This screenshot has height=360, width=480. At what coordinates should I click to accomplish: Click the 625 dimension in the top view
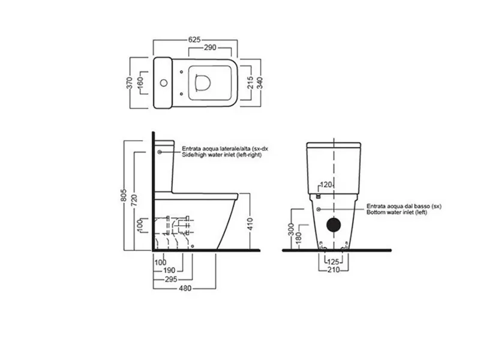[x=194, y=40]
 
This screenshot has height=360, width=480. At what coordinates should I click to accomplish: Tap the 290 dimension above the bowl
[x=210, y=48]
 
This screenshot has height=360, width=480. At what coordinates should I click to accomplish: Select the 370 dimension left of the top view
[x=130, y=83]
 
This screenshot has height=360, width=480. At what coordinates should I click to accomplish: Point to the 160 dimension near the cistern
[x=140, y=83]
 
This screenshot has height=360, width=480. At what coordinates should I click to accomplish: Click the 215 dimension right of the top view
[x=250, y=83]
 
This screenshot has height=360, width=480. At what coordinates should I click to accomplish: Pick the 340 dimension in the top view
[x=260, y=83]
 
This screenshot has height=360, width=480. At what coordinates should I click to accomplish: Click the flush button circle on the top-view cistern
[x=164, y=83]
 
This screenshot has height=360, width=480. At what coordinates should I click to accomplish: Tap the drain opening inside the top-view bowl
[x=203, y=83]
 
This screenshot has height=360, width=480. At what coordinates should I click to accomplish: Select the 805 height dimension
[x=124, y=195]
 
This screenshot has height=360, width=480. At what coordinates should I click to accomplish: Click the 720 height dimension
[x=134, y=200]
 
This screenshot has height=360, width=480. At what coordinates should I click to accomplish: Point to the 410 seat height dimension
[x=250, y=224]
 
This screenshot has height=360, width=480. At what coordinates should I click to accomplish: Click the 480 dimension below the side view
[x=185, y=289]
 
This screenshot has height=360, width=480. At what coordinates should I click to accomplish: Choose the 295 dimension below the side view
[x=171, y=279]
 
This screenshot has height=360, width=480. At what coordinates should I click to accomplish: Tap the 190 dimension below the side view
[x=169, y=271]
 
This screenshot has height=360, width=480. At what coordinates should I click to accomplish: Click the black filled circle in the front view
[x=334, y=225]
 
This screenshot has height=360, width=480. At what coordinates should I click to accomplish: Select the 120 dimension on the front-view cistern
[x=326, y=185]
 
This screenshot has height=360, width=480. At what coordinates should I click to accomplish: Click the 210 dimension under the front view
[x=334, y=269]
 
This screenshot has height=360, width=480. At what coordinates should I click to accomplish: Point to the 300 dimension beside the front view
[x=291, y=229]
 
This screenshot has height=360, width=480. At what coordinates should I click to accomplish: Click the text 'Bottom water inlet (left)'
[x=397, y=212]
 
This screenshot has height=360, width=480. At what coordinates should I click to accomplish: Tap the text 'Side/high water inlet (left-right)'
[x=222, y=155]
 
